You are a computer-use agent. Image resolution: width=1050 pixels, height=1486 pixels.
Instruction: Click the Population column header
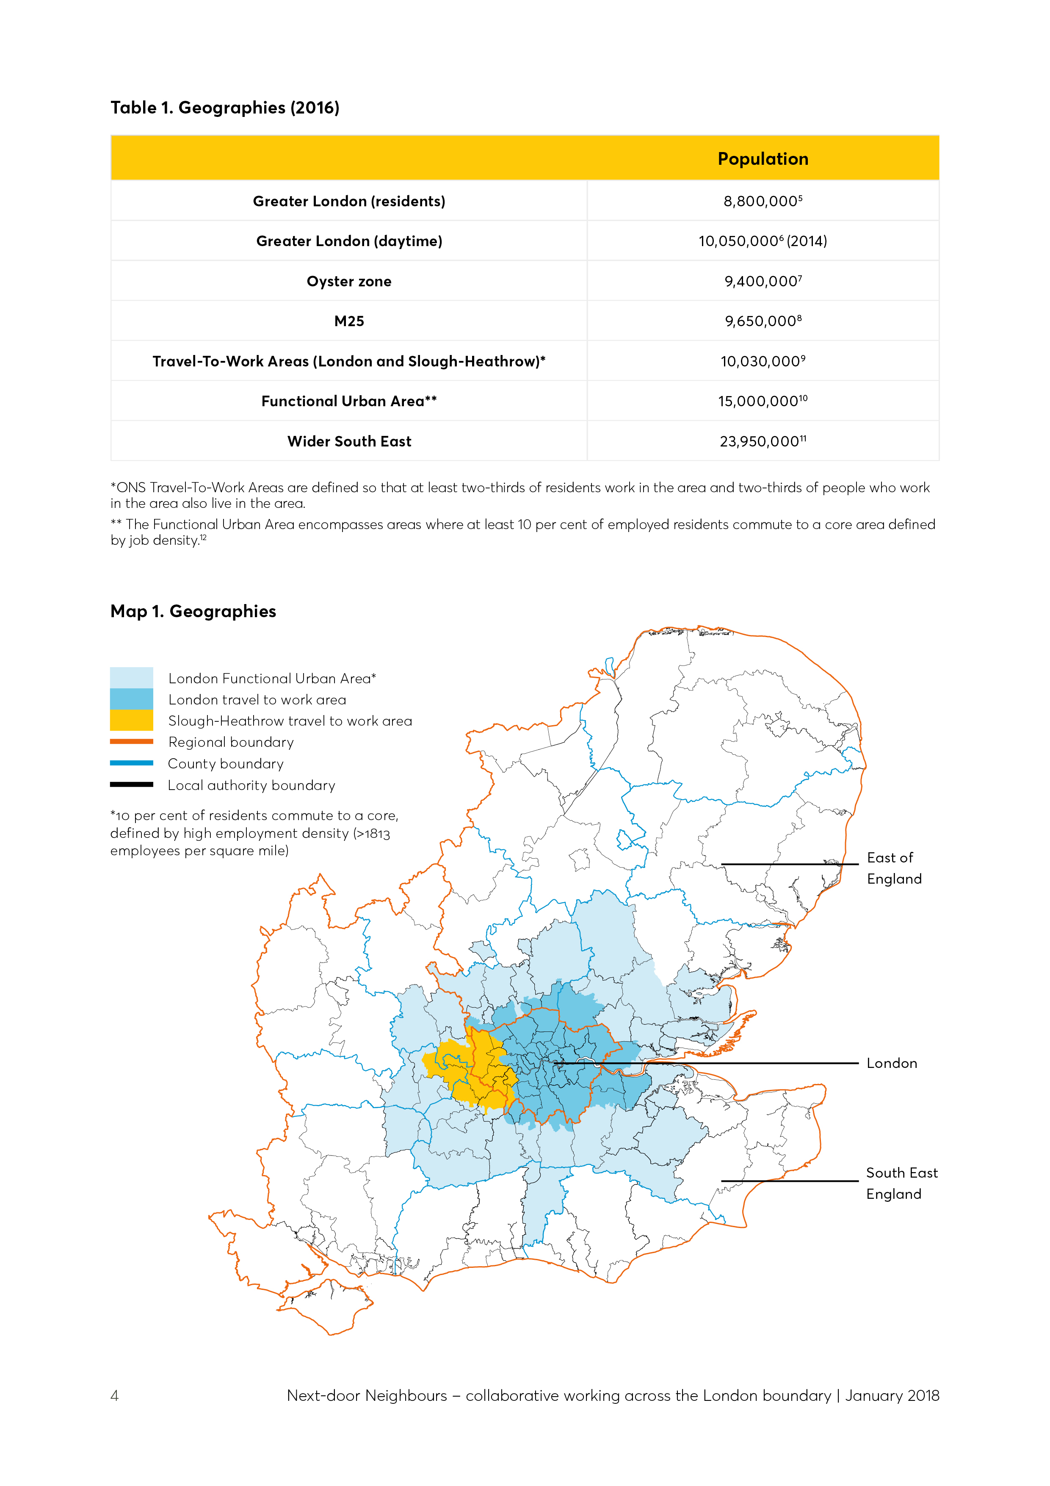tap(763, 159)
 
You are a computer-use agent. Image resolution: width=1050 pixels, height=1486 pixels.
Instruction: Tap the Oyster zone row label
tap(349, 282)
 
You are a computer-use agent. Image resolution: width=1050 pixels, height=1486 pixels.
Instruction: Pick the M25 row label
tap(349, 322)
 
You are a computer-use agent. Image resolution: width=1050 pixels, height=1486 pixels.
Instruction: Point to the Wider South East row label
tap(349, 441)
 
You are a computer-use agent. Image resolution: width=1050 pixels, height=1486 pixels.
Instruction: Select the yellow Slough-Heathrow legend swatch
tap(131, 721)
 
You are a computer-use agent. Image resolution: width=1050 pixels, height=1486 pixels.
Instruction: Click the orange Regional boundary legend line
tap(131, 742)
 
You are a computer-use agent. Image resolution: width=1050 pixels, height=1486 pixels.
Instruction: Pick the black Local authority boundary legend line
tap(131, 785)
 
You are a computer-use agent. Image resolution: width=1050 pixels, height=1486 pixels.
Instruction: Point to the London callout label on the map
tap(892, 1063)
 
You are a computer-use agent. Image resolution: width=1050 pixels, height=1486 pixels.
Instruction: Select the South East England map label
tap(901, 1183)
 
